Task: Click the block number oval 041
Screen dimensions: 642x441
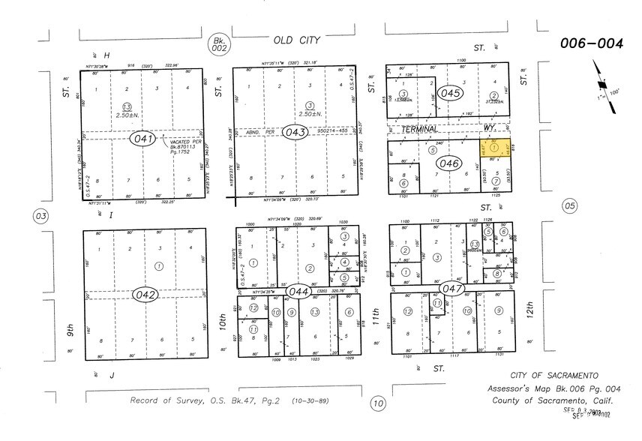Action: (145, 139)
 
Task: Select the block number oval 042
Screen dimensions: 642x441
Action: (145, 294)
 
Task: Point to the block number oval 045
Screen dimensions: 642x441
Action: (451, 94)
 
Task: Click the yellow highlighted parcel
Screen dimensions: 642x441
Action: (494, 151)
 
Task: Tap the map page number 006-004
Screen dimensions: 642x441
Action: (591, 43)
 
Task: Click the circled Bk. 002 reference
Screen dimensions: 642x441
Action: (219, 44)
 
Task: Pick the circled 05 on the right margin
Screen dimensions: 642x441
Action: (569, 205)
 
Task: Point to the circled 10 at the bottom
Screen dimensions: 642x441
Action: (378, 403)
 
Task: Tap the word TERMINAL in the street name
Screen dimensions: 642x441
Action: (421, 129)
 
